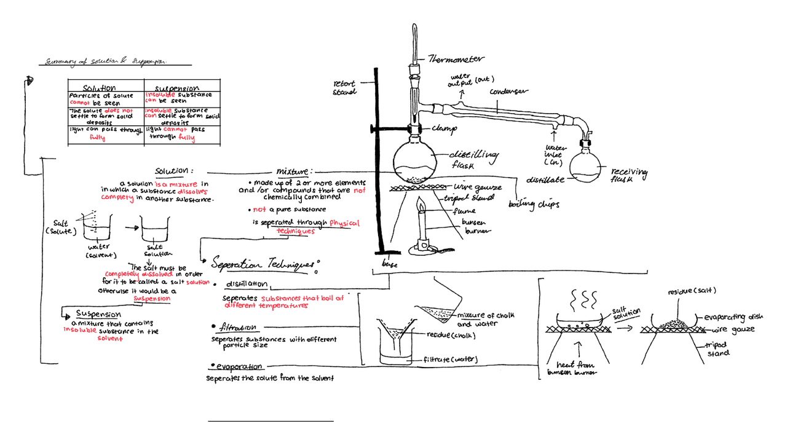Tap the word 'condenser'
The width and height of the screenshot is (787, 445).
coord(508,92)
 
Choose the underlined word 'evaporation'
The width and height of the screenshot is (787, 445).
coord(239,367)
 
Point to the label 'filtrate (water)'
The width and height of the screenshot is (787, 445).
coord(449,360)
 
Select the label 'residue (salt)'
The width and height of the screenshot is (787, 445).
coord(692,290)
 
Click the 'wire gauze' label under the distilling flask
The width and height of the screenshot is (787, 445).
coord(478,187)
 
